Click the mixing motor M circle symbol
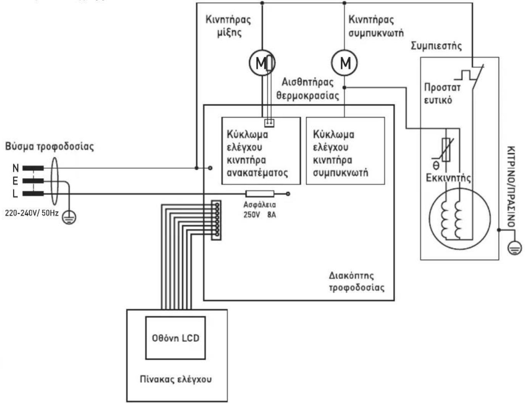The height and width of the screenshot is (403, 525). click(x=262, y=63)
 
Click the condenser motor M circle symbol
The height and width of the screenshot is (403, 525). click(x=344, y=63)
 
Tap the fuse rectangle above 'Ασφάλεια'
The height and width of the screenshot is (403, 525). click(x=260, y=193)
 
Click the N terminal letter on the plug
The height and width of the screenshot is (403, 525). click(x=16, y=168)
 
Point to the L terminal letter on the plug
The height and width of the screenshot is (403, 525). click(x=15, y=193)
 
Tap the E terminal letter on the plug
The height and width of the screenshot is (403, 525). click(x=15, y=181)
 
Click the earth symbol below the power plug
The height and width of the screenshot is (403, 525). click(x=69, y=217)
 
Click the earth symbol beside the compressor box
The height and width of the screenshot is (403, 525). click(x=515, y=248)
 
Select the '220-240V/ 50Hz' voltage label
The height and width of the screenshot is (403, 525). click(x=32, y=213)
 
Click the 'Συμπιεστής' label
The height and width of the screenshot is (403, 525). click(x=436, y=46)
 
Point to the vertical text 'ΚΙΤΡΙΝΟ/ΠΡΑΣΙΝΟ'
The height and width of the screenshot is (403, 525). click(x=511, y=186)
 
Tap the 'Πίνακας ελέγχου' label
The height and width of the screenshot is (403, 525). click(x=176, y=379)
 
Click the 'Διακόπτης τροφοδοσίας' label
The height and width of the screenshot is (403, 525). click(x=356, y=282)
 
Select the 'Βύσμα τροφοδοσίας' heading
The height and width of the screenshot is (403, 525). click(x=50, y=147)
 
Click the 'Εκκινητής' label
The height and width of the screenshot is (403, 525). click(x=448, y=178)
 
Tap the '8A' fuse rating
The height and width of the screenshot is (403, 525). click(x=272, y=215)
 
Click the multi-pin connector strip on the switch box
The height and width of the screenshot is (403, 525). click(x=216, y=220)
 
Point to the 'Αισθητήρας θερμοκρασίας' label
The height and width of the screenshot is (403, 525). click(x=308, y=89)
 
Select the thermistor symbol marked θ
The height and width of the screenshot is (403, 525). click(x=446, y=150)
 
